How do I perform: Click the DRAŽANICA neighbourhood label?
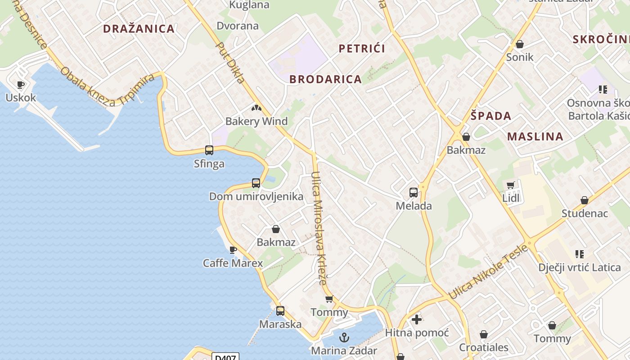click(139, 29)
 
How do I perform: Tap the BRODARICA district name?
click(325, 79)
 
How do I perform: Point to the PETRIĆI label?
click(362, 49)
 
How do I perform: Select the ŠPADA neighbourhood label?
click(491, 116)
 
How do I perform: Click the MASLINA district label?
click(535, 136)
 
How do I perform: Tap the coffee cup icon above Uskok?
click(20, 85)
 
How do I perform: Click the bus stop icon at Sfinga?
click(209, 150)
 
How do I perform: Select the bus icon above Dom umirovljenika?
click(256, 183)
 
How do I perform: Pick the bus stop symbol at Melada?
click(414, 193)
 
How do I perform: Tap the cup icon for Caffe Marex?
click(233, 250)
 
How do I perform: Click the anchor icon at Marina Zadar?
click(344, 337)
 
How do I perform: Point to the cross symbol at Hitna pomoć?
click(417, 320)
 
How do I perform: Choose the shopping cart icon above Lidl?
click(510, 185)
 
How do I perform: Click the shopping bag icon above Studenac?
click(584, 200)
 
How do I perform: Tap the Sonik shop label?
click(520, 57)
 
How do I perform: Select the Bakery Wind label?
click(256, 121)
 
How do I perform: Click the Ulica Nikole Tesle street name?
click(488, 273)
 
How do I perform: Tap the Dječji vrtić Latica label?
click(580, 267)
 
